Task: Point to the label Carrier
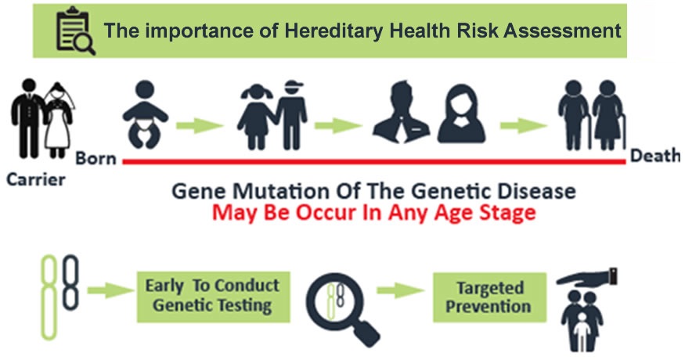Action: pos(36,179)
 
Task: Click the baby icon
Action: pos(145,114)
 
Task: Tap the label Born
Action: pos(96,158)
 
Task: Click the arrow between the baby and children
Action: pos(200,126)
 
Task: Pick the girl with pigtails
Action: pos(257,117)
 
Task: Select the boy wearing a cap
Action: pos(291,115)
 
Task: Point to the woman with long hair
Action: pos(461,113)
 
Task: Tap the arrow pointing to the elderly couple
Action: pos(524,126)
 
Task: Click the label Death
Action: pos(654,156)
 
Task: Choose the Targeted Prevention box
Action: pos(490,297)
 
